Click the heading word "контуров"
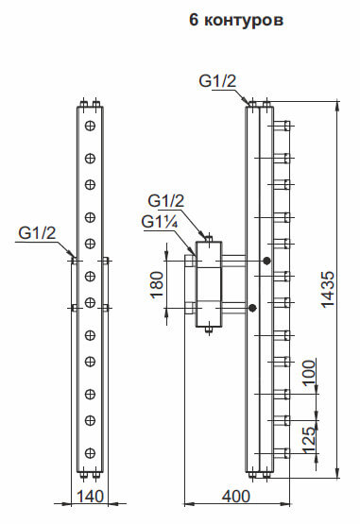pos(244,20)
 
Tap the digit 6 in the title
pos(194,20)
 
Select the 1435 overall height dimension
pos(328,289)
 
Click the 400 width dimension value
pos(236,497)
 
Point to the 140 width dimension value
pos(91,497)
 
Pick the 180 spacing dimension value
pos(157,284)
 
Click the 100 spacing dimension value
pos(310,373)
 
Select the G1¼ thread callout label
pos(159,222)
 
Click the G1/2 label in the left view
pos(37,233)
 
